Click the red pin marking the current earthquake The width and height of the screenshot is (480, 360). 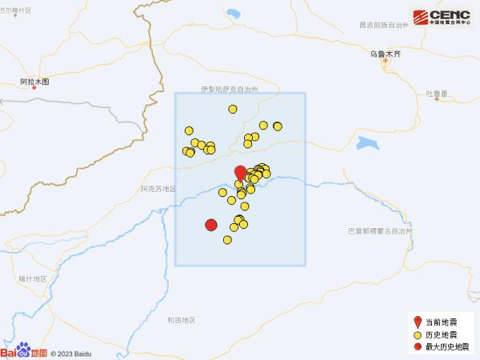coord(240,173)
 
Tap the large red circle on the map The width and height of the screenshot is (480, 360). coord(211,226)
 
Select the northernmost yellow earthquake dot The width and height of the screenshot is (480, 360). coord(233,110)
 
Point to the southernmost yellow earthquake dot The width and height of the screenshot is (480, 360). coord(227,239)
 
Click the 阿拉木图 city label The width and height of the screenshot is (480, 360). coord(34,82)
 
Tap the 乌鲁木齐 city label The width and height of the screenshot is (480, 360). coord(383,53)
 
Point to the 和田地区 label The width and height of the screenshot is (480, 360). coord(182,320)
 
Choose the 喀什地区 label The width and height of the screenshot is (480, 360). coord(33,278)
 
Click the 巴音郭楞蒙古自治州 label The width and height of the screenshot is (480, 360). coord(378,230)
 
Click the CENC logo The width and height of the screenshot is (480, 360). coord(442,16)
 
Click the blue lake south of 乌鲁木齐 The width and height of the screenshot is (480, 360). coord(370,145)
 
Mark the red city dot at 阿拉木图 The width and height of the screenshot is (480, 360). coord(34,89)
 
